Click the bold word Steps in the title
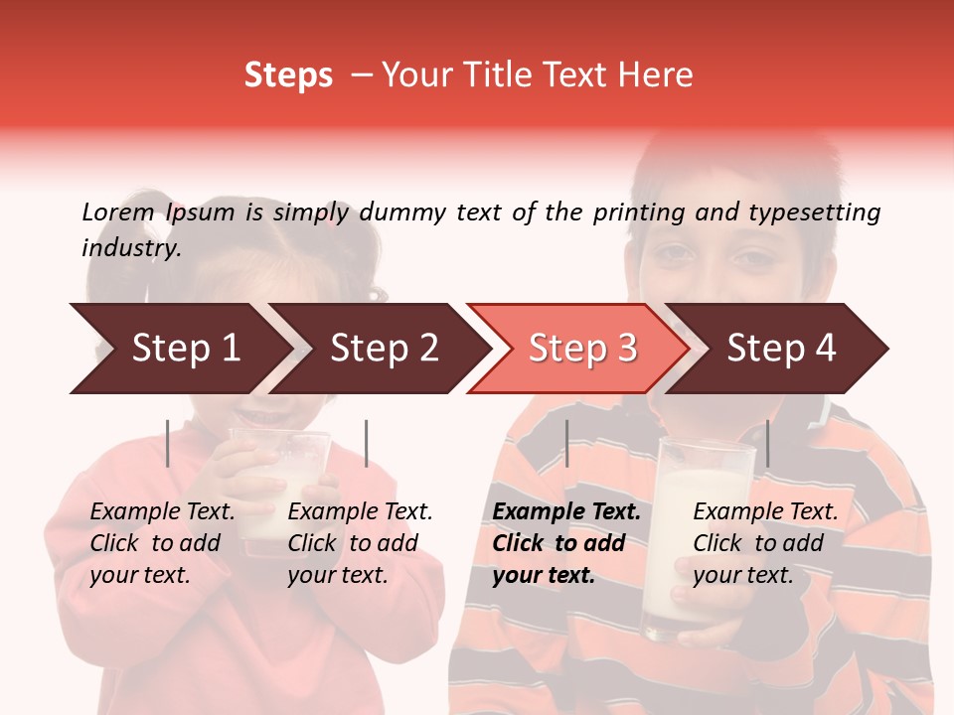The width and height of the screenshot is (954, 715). pyautogui.click(x=288, y=75)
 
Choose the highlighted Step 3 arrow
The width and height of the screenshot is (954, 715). pyautogui.click(x=582, y=348)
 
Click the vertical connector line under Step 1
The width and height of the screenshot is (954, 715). pyautogui.click(x=168, y=443)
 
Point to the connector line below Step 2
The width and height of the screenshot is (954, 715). pyautogui.click(x=367, y=443)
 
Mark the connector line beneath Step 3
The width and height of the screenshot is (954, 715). pyautogui.click(x=566, y=443)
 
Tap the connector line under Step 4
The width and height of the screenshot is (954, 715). pyautogui.click(x=767, y=443)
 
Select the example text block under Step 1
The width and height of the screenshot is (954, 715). pyautogui.click(x=162, y=543)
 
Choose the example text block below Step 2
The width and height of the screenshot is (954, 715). pyautogui.click(x=360, y=543)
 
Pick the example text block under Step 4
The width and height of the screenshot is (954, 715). pyautogui.click(x=765, y=543)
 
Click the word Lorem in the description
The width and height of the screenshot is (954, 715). pyautogui.click(x=118, y=212)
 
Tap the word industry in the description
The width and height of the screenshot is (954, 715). pyautogui.click(x=131, y=247)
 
